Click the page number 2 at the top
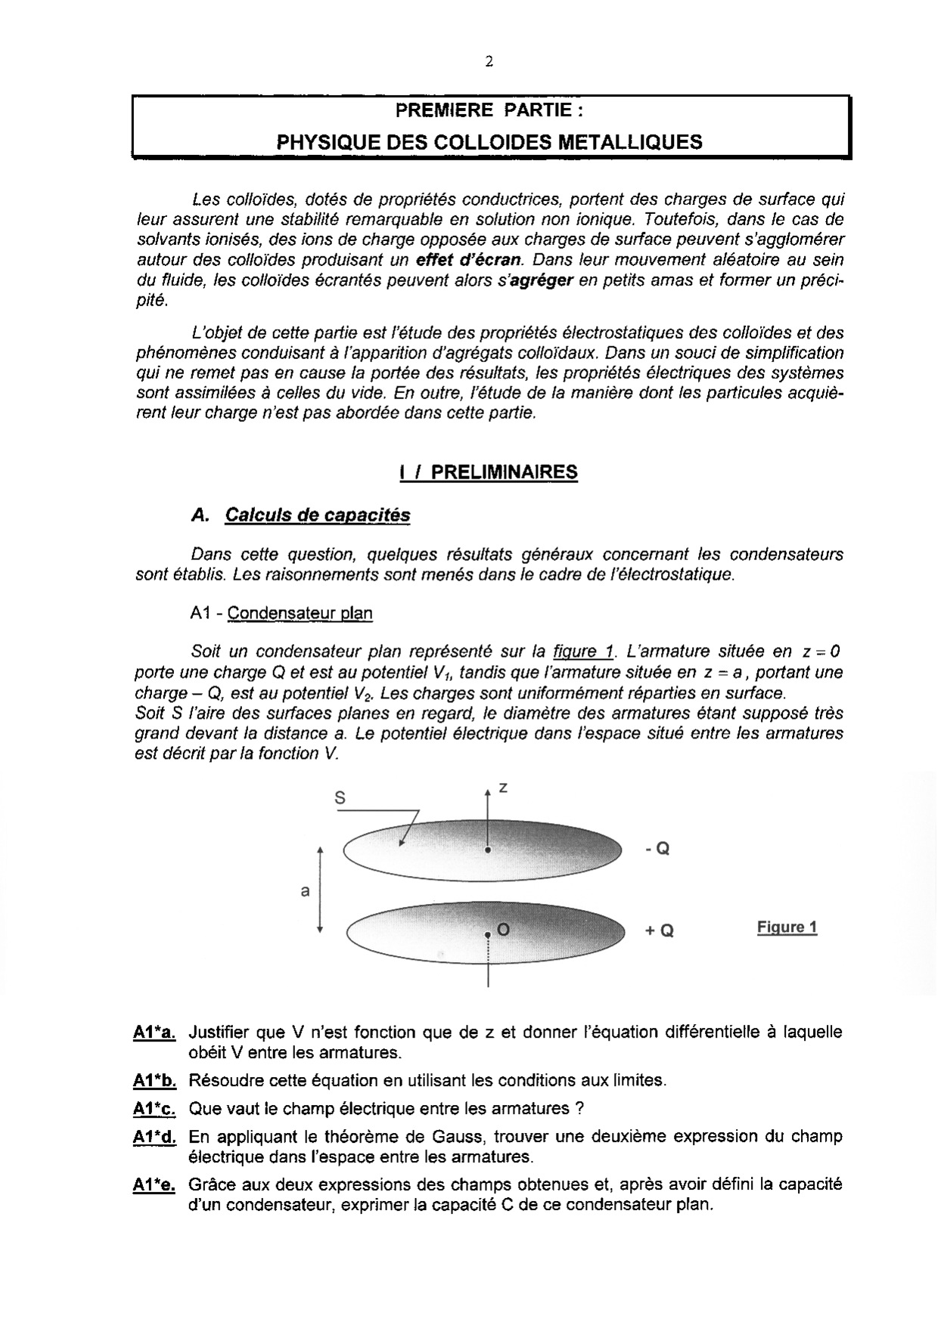point(489,63)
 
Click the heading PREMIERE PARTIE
point(490,110)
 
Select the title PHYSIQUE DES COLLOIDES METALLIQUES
point(489,141)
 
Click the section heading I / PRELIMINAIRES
point(489,472)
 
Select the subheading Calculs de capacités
point(318,515)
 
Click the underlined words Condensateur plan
point(300,613)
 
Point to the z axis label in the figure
point(503,788)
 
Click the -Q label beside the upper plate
point(657,849)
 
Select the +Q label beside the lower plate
point(659,931)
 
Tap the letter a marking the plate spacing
point(305,891)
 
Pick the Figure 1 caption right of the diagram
point(787,927)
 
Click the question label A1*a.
point(154,1032)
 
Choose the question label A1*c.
point(154,1109)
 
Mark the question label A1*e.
point(154,1185)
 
